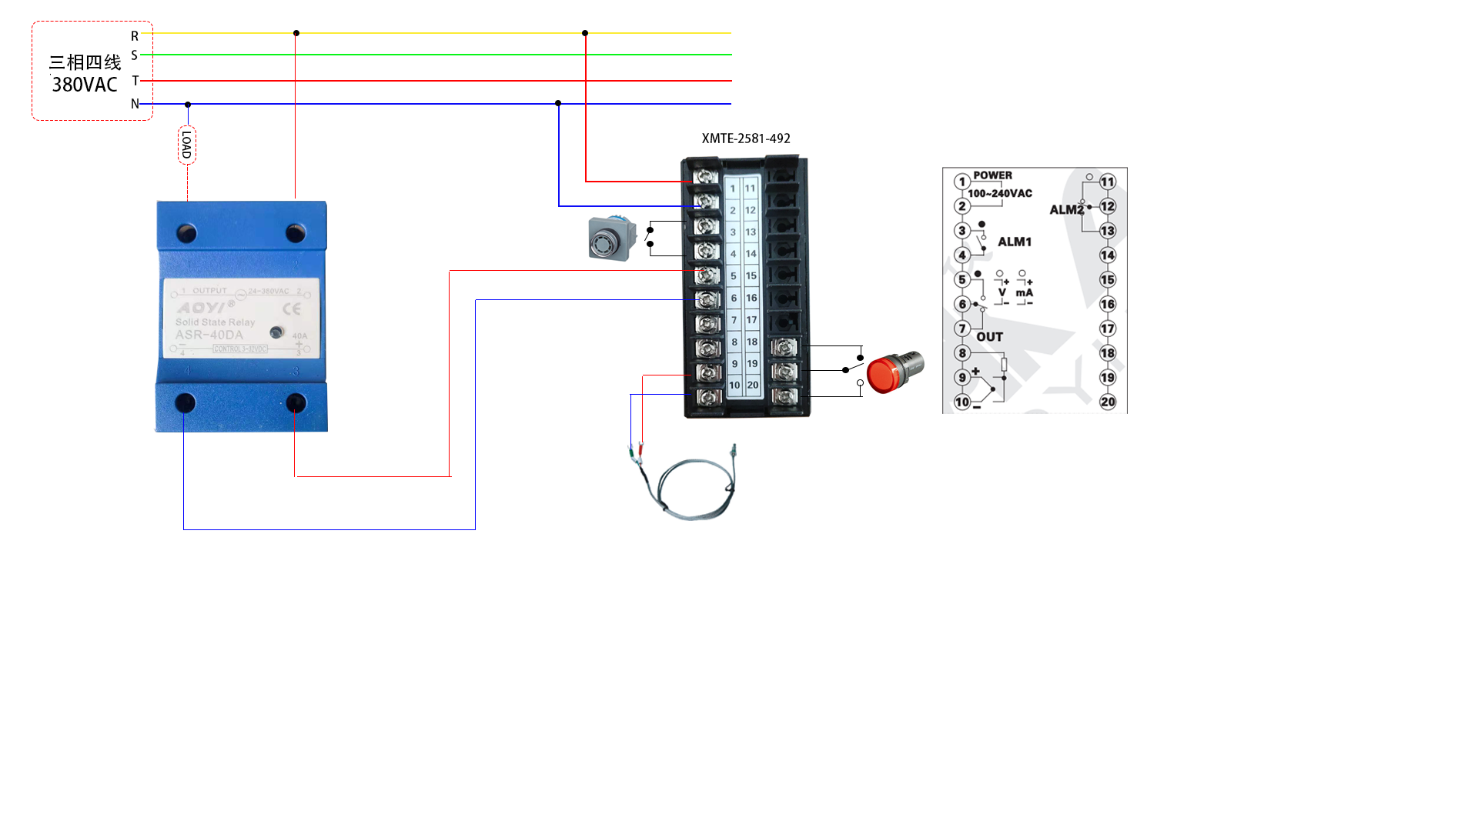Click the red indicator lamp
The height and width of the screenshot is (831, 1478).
pyautogui.click(x=893, y=372)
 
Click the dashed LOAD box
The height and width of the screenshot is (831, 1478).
pyautogui.click(x=187, y=145)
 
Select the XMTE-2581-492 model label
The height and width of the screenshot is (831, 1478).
pyautogui.click(x=746, y=138)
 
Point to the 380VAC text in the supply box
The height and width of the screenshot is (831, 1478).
pyautogui.click(x=85, y=85)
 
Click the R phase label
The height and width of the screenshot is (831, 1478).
pyautogui.click(x=135, y=36)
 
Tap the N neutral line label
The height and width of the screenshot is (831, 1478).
pyautogui.click(x=135, y=104)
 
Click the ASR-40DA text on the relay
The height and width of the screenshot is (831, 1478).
pyautogui.click(x=209, y=335)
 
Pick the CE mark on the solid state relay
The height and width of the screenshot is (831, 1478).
pyautogui.click(x=292, y=309)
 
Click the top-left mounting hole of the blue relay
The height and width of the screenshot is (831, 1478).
pyautogui.click(x=186, y=232)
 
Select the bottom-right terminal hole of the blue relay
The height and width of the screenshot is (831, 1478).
pyautogui.click(x=296, y=402)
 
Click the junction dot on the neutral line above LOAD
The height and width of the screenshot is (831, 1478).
pyautogui.click(x=188, y=104)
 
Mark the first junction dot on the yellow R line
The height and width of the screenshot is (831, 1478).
pyautogui.click(x=296, y=33)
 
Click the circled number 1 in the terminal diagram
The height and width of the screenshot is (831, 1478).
pyautogui.click(x=961, y=182)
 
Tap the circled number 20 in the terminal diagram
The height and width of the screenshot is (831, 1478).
pyautogui.click(x=1108, y=402)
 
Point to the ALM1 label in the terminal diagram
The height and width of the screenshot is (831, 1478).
pyautogui.click(x=1015, y=242)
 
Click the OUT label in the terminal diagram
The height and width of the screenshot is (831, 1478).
pyautogui.click(x=989, y=337)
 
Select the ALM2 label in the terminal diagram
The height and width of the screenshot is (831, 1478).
pyautogui.click(x=1066, y=209)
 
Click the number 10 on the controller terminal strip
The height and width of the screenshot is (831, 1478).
pyautogui.click(x=734, y=385)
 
